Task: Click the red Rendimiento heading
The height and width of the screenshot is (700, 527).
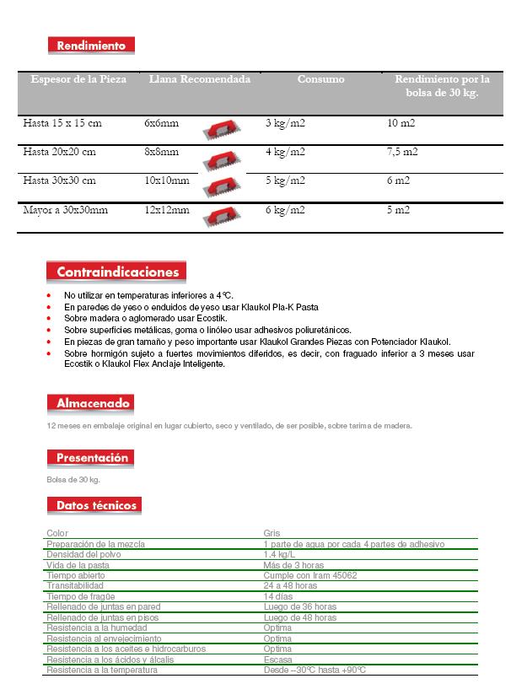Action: [91, 46]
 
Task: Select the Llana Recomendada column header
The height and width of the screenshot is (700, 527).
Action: [199, 79]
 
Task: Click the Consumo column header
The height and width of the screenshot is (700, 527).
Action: [320, 79]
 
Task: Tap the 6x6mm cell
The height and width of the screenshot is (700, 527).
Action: [161, 123]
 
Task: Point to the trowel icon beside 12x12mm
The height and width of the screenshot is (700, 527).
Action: [222, 215]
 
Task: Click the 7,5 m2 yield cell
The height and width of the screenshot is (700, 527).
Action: [402, 152]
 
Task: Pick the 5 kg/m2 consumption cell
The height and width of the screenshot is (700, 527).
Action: [285, 180]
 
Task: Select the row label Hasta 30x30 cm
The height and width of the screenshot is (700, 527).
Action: [59, 180]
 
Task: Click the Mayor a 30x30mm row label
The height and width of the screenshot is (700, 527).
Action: [65, 209]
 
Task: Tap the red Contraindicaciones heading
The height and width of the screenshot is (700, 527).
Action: [116, 272]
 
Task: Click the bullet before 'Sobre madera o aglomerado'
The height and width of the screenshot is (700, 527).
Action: [49, 319]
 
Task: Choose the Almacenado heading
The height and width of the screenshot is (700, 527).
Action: [89, 403]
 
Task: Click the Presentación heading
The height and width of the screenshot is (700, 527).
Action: [91, 458]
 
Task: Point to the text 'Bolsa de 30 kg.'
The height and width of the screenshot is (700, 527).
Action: [73, 479]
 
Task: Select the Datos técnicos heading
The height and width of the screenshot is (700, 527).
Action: [93, 505]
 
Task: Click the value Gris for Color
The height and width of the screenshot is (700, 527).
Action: [272, 533]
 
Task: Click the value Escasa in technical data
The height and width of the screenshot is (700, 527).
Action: [277, 660]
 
